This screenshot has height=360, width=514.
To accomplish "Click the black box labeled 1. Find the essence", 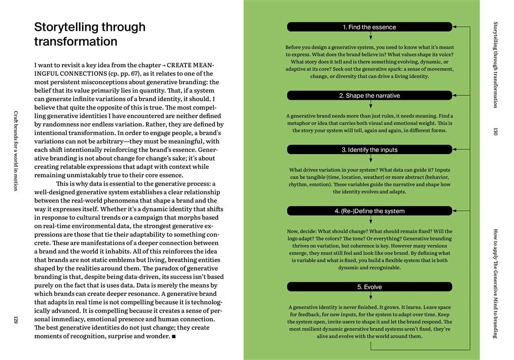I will pos(369,27).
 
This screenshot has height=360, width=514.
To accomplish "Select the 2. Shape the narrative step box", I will pos(369,95).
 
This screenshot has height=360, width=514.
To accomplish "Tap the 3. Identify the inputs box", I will pos(369,150).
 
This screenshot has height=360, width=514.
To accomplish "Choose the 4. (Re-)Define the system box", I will pos(369,211).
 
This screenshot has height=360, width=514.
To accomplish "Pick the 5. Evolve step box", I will pos(369,287).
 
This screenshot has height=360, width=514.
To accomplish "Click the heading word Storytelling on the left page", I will pos(71,27).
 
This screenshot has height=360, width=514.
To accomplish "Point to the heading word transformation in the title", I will pos(76,41).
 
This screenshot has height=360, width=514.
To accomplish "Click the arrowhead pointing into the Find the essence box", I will pos(455,27).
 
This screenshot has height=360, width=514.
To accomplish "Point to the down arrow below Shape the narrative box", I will pos(370,105).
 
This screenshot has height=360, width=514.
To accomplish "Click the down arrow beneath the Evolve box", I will pos(370,296).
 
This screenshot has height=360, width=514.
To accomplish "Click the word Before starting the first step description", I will pos(296,47).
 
